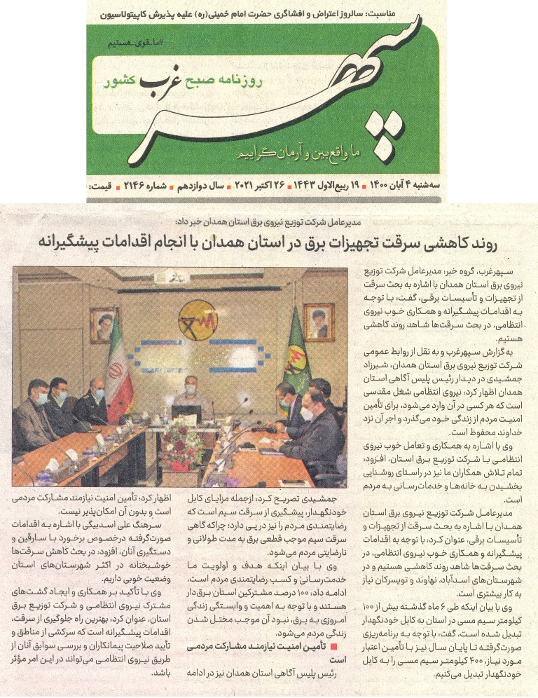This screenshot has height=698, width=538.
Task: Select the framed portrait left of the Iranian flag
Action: (103, 324)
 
